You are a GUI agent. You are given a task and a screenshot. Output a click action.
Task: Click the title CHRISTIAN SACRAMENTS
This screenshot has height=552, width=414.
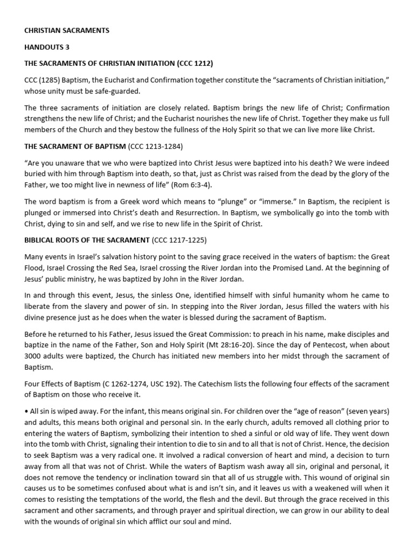pyautogui.click(x=67, y=31)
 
